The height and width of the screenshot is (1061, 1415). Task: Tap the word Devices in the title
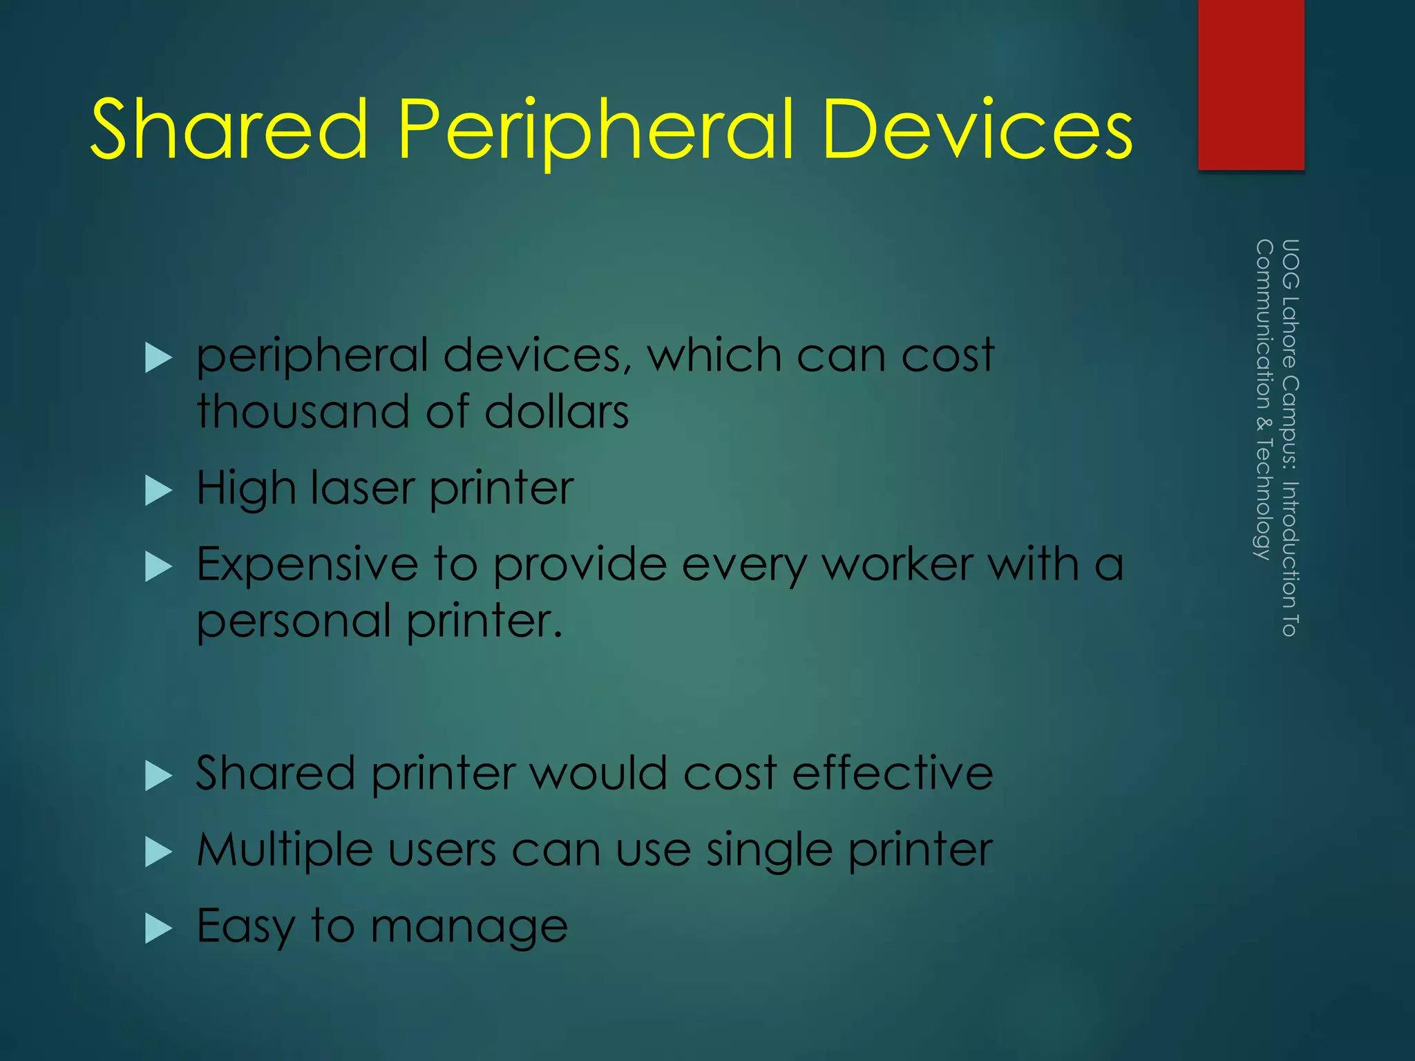977,129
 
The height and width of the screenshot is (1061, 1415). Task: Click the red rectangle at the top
1251,84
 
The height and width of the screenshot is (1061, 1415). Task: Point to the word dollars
556,412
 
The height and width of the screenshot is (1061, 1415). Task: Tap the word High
246,489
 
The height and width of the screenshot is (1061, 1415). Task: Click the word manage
469,928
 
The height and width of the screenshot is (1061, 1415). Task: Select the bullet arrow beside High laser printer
159,490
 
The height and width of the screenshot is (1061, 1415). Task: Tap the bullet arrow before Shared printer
159,775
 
